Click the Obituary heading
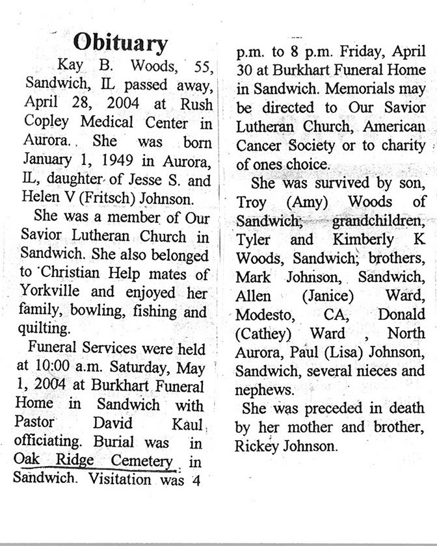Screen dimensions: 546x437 click(x=120, y=43)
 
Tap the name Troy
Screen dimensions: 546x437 click(x=251, y=202)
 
